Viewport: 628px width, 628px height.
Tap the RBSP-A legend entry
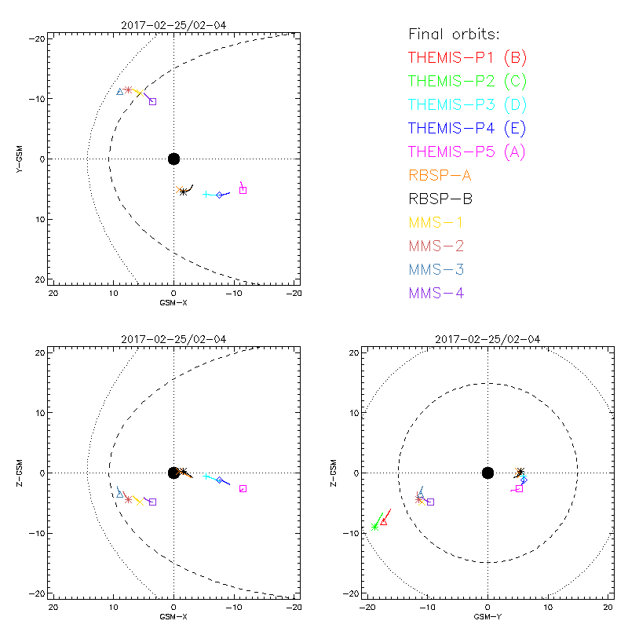click(x=440, y=175)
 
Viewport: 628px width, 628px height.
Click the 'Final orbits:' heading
click(x=454, y=34)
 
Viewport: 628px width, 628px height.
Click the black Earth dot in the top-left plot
click(x=173, y=159)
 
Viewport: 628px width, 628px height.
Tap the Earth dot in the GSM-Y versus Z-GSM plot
click(x=487, y=473)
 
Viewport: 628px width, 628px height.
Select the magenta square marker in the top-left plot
click(x=243, y=190)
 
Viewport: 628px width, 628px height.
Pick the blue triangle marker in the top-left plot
click(x=119, y=92)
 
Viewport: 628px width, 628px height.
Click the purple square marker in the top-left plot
click(x=152, y=101)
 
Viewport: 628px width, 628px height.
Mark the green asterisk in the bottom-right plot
click(x=375, y=527)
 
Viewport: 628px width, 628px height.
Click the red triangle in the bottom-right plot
click(x=384, y=521)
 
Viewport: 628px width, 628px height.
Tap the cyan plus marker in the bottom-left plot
click(x=206, y=476)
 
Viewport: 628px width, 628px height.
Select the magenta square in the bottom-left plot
click(x=243, y=488)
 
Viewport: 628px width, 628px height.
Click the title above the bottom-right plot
click(x=487, y=339)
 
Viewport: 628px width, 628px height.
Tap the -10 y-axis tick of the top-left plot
click(x=38, y=98)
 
